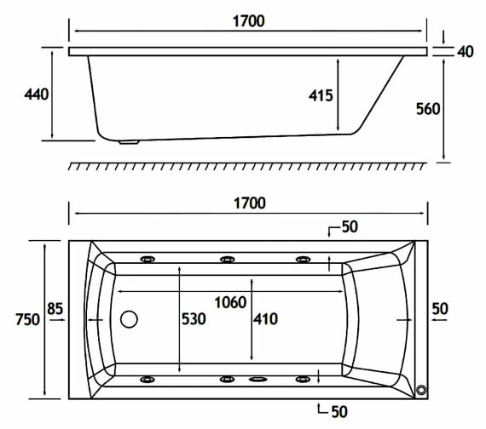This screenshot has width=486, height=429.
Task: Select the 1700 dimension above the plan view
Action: point(248,203)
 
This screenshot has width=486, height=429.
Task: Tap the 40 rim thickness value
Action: point(466,52)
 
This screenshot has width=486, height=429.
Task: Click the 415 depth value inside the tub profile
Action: point(321,96)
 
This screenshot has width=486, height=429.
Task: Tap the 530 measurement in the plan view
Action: point(194,319)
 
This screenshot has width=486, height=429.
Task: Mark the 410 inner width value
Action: point(265,319)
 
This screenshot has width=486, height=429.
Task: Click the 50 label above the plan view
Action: point(349,227)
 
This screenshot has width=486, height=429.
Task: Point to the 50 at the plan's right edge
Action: point(440,308)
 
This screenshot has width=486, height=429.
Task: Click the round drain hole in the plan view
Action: point(130,320)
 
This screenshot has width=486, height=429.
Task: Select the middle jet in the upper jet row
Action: point(228,259)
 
